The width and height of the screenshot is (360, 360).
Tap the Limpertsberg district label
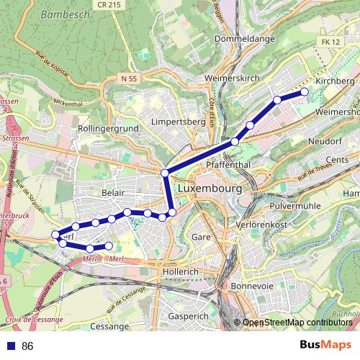(179, 122)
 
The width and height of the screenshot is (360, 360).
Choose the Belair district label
(114, 194)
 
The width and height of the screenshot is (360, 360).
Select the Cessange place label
(109, 326)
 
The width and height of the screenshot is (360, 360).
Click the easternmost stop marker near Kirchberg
(305, 91)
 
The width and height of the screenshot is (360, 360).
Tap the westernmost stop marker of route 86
(55, 235)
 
